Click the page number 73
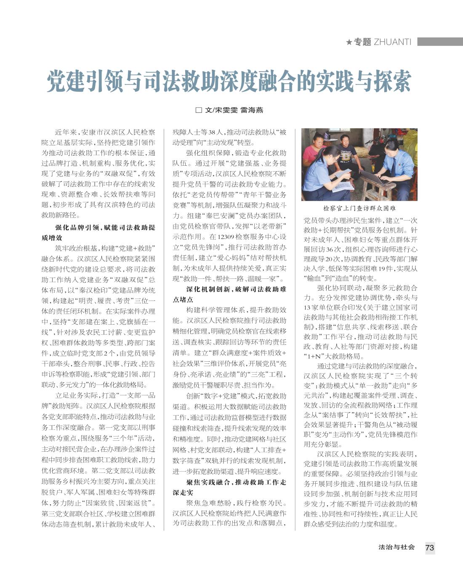(x=429, y=548)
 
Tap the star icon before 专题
(x=349, y=42)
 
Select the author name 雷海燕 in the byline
(x=252, y=110)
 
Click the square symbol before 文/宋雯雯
(x=199, y=110)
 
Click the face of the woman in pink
(x=316, y=138)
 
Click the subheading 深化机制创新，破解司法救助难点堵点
(x=229, y=294)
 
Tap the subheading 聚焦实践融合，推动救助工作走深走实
(x=229, y=487)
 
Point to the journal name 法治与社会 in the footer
(x=396, y=547)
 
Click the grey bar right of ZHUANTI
(x=440, y=42)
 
